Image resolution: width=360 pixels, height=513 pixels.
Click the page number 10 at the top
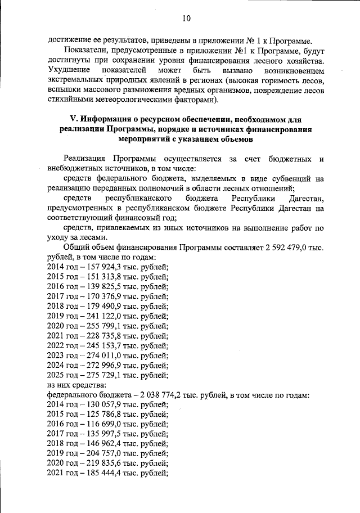click(x=186, y=18)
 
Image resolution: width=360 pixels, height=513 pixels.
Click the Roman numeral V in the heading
click(x=71, y=120)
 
